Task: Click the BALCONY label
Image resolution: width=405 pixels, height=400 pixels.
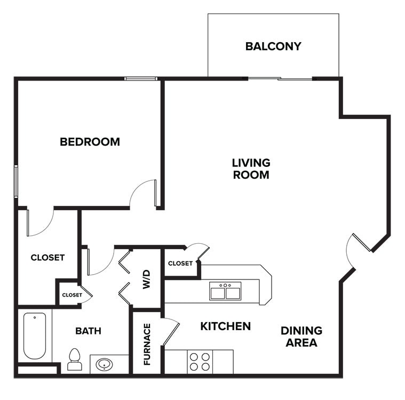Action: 273,46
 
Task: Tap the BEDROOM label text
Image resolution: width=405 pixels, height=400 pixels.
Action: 90,142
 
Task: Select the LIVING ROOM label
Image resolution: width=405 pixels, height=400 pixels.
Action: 251,169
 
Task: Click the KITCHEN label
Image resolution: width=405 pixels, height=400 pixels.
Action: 225,326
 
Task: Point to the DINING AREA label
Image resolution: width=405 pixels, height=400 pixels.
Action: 301,337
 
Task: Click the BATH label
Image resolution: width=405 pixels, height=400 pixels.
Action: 88,331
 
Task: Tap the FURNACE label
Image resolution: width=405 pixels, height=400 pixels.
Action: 147,344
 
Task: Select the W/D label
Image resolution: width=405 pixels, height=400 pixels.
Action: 147,279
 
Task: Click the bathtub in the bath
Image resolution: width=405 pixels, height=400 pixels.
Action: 35,336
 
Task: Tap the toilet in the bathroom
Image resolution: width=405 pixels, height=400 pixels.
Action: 75,359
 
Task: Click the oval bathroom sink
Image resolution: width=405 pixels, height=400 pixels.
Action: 105,365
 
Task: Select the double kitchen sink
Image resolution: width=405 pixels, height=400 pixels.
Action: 225,292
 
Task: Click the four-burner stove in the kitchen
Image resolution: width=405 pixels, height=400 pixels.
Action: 200,362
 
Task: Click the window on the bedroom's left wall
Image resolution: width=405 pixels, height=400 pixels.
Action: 16,182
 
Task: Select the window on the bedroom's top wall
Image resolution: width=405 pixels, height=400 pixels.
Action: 141,79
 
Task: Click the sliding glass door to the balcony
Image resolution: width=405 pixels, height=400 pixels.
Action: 280,79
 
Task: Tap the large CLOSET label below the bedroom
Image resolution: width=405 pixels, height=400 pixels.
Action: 47,258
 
